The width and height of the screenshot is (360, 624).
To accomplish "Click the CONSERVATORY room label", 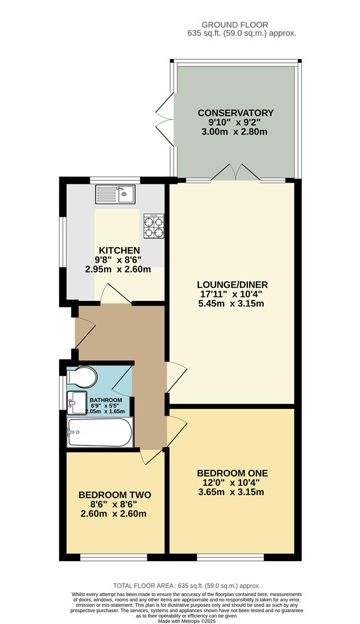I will pyautogui.click(x=236, y=113).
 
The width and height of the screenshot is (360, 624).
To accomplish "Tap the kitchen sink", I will pyautogui.click(x=116, y=194).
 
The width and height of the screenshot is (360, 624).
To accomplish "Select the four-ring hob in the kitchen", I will pyautogui.click(x=154, y=226).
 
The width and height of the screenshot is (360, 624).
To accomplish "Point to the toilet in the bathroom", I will pyautogui.click(x=81, y=377).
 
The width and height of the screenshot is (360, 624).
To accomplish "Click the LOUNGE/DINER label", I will pyautogui.click(x=232, y=285).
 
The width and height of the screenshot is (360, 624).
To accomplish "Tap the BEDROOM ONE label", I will pyautogui.click(x=232, y=473).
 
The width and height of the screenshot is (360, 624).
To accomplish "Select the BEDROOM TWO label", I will pyautogui.click(x=114, y=495).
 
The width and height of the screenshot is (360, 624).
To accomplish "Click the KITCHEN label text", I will pyautogui.click(x=120, y=250).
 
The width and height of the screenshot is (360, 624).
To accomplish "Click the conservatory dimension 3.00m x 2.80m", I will pyautogui.click(x=236, y=132).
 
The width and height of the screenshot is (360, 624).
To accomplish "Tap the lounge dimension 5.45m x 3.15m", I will pyautogui.click(x=232, y=304).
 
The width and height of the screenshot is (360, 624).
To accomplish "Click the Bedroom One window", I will pyautogui.click(x=231, y=557).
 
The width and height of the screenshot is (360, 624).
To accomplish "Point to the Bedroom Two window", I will pyautogui.click(x=113, y=557).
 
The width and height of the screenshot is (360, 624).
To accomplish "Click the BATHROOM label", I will pyautogui.click(x=106, y=400).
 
